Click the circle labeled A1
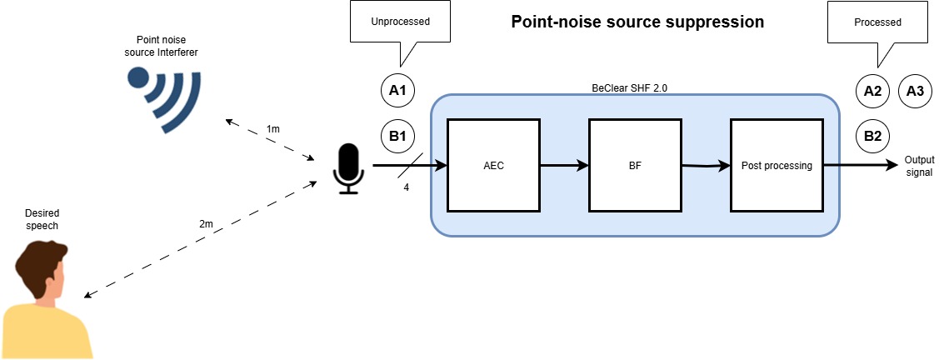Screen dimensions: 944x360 tap(397, 91)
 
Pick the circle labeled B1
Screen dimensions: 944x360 tap(397, 136)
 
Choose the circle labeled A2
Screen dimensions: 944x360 tap(872, 91)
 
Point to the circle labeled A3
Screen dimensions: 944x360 tap(915, 91)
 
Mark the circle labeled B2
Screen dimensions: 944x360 tap(872, 136)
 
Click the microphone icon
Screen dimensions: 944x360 tap(348, 168)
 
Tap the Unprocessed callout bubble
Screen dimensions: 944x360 tap(401, 22)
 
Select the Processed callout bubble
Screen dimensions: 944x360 tap(878, 22)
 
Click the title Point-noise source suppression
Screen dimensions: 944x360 tap(637, 22)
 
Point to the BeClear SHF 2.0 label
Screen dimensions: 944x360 tap(629, 87)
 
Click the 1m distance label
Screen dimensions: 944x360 tap(272, 129)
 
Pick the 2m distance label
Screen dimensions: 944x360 tap(206, 224)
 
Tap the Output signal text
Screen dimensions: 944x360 tap(919, 166)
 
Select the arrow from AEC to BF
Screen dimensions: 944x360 tap(564, 165)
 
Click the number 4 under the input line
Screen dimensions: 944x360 tap(407, 187)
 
